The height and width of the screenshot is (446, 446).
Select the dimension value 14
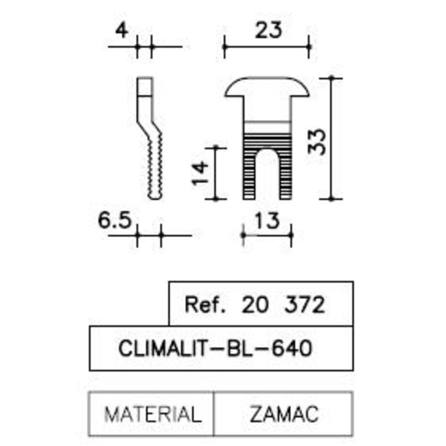(200, 173)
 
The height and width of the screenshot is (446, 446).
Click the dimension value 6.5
(115, 221)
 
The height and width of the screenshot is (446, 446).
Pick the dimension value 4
(122, 31)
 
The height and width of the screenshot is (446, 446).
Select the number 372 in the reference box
(304, 305)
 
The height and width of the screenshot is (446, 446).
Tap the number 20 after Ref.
(255, 305)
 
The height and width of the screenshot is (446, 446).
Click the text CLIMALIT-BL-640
(216, 349)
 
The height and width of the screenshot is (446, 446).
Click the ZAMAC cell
(284, 414)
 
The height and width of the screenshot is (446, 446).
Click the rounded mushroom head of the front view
(267, 87)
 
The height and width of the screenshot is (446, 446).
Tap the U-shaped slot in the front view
(267, 174)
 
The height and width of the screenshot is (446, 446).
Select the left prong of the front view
(249, 179)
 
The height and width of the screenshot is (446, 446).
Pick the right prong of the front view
(285, 179)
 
